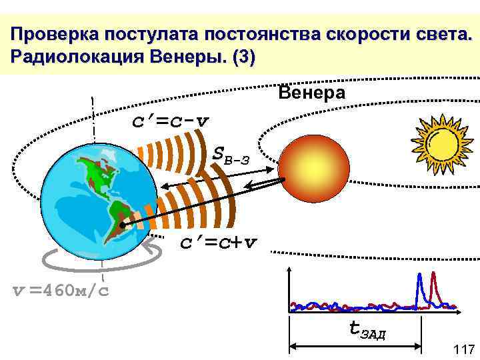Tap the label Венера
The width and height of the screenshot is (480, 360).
point(311,93)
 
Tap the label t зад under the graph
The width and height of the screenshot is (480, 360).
point(367,329)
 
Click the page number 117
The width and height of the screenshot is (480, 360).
point(463,349)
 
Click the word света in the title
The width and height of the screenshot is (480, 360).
point(436,34)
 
